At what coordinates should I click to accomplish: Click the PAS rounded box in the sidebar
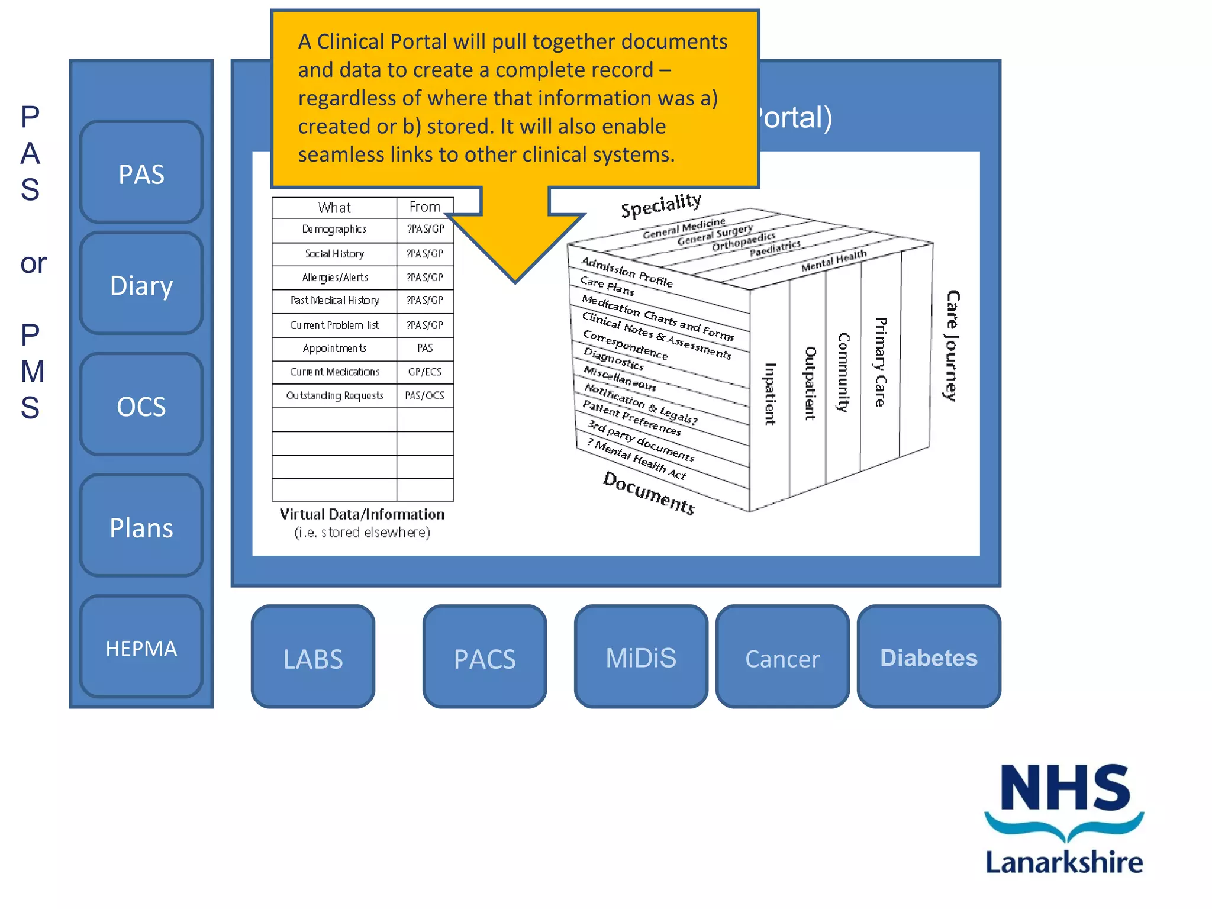point(141,173)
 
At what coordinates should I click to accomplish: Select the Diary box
point(141,284)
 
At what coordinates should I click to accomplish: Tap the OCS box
point(141,405)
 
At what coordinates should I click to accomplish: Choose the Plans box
point(141,527)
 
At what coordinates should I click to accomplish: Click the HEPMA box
point(141,647)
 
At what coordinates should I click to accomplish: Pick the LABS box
point(313,657)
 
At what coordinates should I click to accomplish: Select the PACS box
point(485,657)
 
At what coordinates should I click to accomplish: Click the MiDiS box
point(641,657)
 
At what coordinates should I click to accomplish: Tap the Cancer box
point(782,657)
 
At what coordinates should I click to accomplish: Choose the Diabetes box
point(929,657)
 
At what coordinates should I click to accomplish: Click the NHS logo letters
point(1065,788)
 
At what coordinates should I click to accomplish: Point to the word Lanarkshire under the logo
point(1063,862)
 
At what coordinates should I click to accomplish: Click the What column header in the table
point(334,208)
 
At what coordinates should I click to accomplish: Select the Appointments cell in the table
point(334,349)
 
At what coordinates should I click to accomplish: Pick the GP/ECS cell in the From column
point(425,372)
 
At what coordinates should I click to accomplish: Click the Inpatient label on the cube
point(769,394)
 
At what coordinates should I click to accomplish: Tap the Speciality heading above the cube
point(661,205)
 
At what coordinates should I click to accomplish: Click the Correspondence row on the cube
point(625,345)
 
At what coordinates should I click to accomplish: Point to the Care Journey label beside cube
point(952,346)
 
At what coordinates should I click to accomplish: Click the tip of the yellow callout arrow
point(515,281)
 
